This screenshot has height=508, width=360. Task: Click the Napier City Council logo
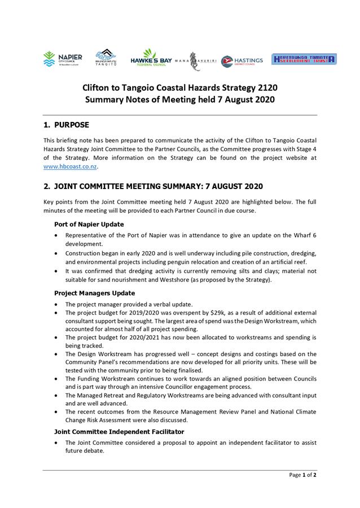[63, 59]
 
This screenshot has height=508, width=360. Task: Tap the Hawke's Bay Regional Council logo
[151, 59]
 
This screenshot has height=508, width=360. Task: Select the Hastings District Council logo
[242, 60]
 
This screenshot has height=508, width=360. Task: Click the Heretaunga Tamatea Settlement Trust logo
[304, 59]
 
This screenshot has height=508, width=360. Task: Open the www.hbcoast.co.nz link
[70, 167]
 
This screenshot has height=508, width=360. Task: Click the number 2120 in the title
[265, 87]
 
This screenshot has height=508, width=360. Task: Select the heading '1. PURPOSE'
[66, 125]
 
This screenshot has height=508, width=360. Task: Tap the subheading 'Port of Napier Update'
[89, 224]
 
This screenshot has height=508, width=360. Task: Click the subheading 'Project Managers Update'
[94, 293]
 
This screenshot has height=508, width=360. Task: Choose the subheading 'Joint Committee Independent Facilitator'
[119, 431]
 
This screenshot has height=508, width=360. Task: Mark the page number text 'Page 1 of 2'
[302, 475]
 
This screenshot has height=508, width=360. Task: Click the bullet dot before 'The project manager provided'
[56, 304]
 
